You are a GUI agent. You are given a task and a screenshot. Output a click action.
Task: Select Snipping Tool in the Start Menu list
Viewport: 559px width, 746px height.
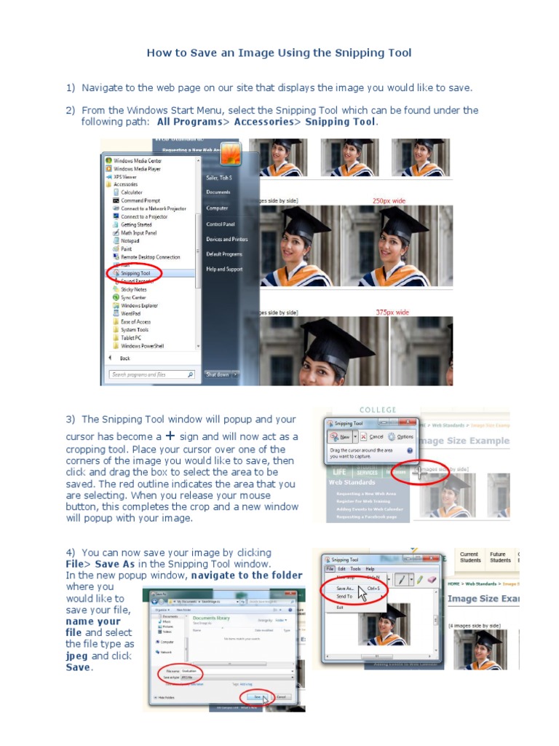[135, 273]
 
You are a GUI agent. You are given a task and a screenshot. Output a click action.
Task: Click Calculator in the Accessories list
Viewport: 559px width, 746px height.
[132, 192]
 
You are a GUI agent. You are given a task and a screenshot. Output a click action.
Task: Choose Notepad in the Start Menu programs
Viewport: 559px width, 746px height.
[130, 240]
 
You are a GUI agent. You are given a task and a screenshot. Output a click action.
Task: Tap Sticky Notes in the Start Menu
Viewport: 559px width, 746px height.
[133, 289]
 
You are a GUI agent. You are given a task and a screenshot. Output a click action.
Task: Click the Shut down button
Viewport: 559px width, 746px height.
[217, 374]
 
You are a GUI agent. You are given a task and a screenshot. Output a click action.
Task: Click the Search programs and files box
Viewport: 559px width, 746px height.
[151, 374]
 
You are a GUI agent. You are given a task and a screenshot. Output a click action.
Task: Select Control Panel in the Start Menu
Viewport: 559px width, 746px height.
[221, 224]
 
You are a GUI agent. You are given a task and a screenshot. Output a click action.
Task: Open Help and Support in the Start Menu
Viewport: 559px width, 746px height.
[224, 269]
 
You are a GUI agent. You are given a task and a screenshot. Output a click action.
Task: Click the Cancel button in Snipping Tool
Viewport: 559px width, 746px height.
[373, 436]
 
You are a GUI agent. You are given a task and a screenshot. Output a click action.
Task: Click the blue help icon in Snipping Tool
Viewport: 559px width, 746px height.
[410, 451]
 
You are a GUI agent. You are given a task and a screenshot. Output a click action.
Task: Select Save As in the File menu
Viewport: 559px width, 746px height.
[344, 587]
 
